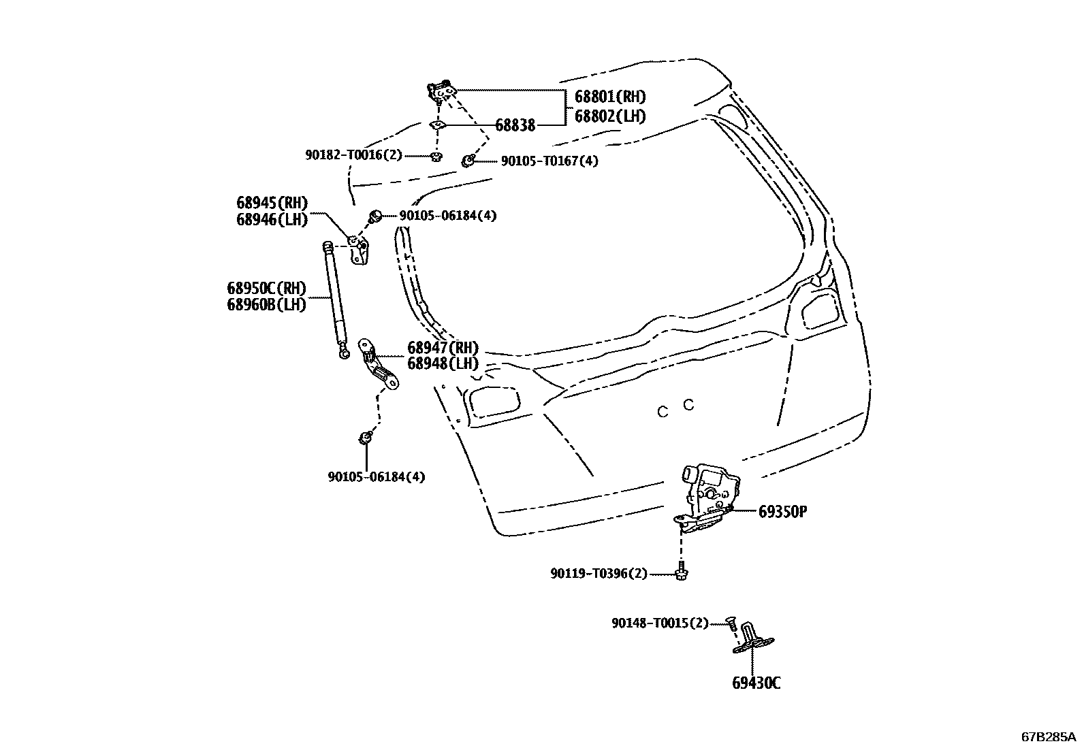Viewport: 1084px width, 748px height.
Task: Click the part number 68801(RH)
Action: click(609, 97)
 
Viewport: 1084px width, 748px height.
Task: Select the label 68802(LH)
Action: click(609, 116)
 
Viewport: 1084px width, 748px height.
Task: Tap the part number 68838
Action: click(515, 125)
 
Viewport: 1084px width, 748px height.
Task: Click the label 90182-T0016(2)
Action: click(353, 155)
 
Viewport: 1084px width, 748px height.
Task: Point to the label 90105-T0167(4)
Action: click(549, 161)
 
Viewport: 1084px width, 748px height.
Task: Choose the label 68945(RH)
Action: click(272, 202)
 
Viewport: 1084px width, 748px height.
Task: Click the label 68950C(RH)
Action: click(266, 287)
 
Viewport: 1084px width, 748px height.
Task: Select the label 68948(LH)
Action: click(443, 363)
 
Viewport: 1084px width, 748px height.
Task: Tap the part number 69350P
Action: click(782, 511)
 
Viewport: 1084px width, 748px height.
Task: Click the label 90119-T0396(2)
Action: click(599, 574)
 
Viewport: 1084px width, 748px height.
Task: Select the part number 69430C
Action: click(756, 683)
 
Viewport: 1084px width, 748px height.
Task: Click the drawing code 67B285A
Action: click(1048, 736)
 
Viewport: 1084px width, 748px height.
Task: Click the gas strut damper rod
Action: click(335, 296)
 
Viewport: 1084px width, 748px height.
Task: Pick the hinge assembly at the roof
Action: click(442, 91)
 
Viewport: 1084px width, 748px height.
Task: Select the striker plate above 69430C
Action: click(753, 639)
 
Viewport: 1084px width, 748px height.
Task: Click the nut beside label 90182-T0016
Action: click(436, 157)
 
